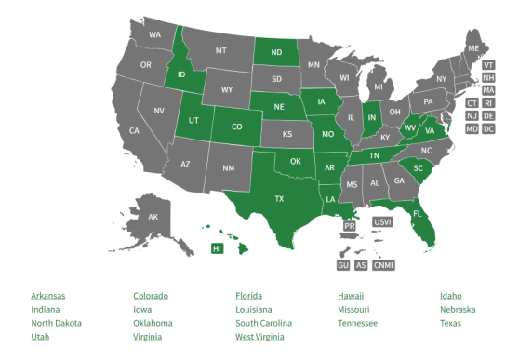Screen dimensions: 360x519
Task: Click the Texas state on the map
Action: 278,199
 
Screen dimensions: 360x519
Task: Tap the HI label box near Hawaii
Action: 217,248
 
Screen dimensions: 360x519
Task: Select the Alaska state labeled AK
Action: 153,218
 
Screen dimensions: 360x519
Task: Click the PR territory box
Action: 350,226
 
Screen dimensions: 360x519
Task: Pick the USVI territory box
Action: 382,222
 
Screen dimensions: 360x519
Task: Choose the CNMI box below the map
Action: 383,265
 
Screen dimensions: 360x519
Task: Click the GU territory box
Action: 343,265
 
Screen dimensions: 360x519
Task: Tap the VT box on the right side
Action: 488,65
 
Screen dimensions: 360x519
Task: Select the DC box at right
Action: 488,128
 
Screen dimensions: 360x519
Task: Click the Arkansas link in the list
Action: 48,296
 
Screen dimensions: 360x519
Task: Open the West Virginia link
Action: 259,337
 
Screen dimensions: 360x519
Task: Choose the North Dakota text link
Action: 57,323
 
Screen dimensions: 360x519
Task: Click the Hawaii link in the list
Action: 351,296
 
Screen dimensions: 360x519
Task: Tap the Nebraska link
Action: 458,310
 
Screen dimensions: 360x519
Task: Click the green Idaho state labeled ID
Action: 182,73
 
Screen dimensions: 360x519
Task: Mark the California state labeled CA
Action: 134,131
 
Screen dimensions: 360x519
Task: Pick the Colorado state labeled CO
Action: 236,127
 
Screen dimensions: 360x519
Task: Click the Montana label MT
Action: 221,50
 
